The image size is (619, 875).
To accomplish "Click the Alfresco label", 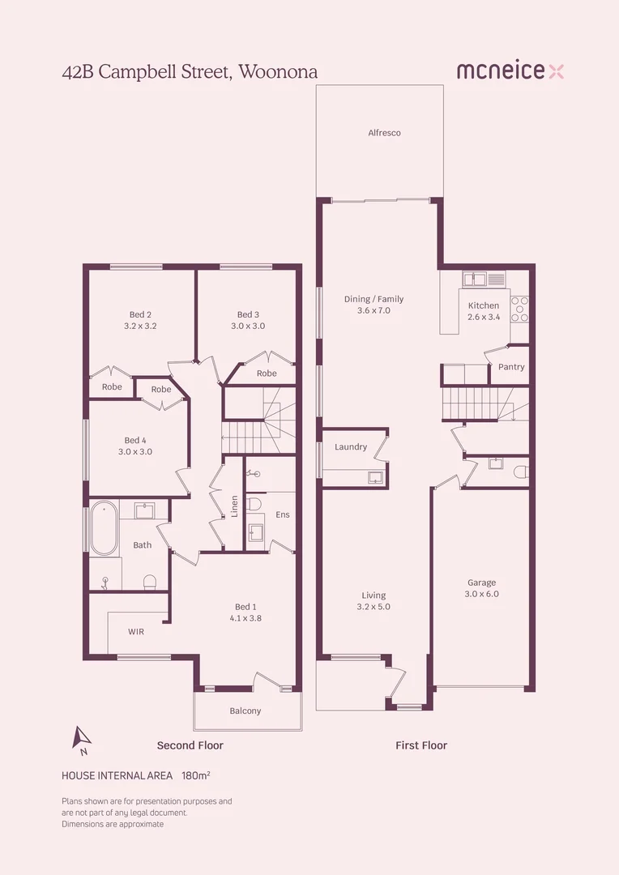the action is tap(384, 133).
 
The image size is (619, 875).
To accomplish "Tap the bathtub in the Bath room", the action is tap(105, 528).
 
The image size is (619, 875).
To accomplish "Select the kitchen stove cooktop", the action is tap(519, 309).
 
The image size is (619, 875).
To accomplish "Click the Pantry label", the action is tap(511, 367).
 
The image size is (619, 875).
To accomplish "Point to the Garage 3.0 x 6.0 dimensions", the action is tap(482, 594).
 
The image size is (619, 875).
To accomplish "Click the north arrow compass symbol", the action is tap(82, 739).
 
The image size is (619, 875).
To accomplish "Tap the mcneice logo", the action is tap(510, 70).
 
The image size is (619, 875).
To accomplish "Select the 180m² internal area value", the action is tap(196, 775).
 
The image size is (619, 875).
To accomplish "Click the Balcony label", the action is tap(245, 711).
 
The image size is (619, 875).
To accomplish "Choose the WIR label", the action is tap(135, 632).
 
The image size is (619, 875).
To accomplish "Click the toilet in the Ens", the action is tap(254, 505).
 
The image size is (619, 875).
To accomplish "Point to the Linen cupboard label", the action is tap(234, 506).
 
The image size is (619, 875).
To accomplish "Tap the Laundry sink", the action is tap(376, 477).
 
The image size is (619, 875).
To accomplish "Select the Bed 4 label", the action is tap(135, 440).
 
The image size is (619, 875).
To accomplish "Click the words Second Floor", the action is tap(190, 745).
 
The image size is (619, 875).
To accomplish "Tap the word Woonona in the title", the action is tap(278, 72).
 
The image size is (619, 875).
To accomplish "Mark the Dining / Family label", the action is tap(374, 299).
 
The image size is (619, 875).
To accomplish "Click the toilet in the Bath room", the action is tap(150, 583).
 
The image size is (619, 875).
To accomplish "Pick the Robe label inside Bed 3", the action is tap(267, 373).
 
